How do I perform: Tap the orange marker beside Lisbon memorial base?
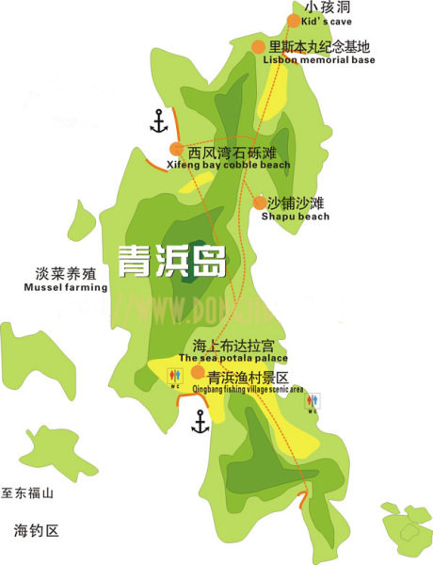[x=258, y=46]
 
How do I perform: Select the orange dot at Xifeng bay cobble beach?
[x=176, y=150]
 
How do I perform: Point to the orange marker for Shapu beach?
[x=259, y=202]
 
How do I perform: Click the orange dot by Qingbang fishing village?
[x=198, y=372]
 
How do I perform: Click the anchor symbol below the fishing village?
[x=200, y=421]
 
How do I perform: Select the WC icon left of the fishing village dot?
[x=174, y=379]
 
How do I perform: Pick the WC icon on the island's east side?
[x=313, y=403]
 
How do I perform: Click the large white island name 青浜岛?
[x=170, y=259]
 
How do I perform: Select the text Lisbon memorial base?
[x=320, y=60]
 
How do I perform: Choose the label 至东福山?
[x=29, y=493]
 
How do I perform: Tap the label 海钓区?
[x=37, y=531]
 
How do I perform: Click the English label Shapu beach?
[x=295, y=217]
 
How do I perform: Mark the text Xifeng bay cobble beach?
[x=228, y=165]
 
